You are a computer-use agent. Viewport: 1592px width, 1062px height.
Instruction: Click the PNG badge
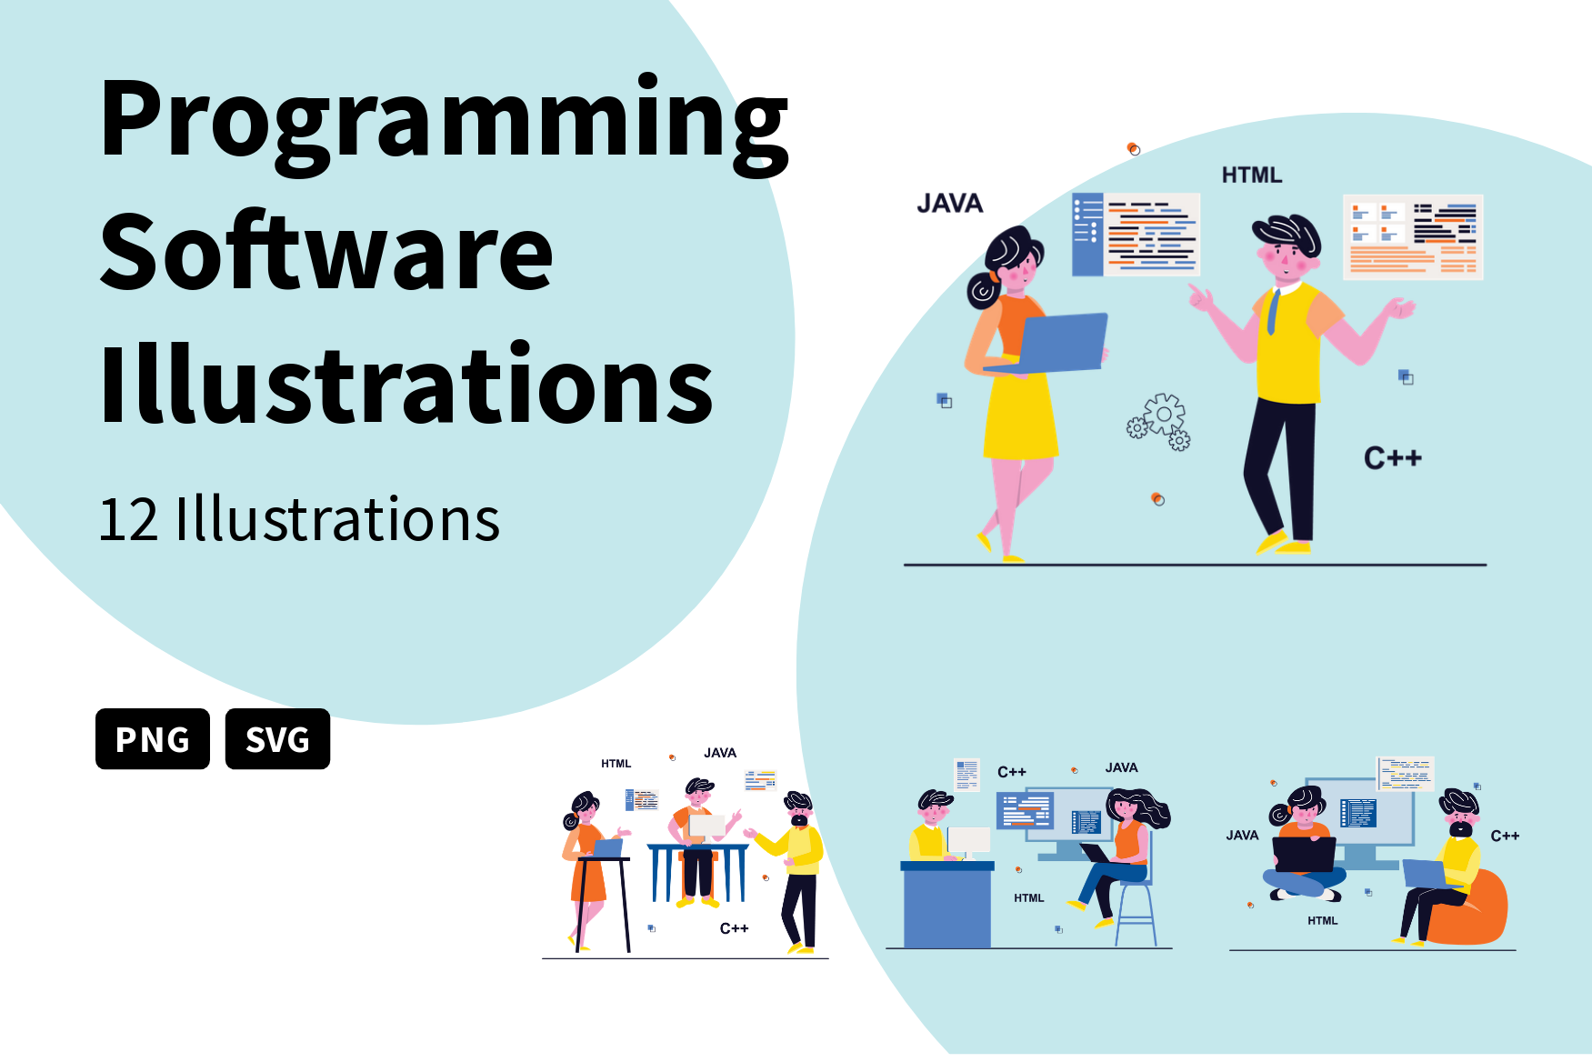(153, 739)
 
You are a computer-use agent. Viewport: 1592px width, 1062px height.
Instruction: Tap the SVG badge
(277, 739)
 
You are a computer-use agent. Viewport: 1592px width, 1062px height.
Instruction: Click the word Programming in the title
(444, 121)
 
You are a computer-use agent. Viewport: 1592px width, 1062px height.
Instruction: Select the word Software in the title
(326, 253)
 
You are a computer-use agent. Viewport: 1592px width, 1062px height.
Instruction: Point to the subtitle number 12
(129, 520)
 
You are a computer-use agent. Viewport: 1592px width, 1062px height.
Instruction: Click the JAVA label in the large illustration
(949, 204)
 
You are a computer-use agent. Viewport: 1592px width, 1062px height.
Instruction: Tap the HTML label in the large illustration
(1251, 175)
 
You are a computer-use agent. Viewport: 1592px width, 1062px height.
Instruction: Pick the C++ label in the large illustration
(1392, 458)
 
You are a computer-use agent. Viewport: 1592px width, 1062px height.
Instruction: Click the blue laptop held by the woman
(1061, 343)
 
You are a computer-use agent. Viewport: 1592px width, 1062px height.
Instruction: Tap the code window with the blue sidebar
(1136, 234)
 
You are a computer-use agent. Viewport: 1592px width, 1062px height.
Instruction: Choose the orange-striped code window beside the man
(1413, 237)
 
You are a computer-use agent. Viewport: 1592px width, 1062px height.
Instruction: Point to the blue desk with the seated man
(946, 906)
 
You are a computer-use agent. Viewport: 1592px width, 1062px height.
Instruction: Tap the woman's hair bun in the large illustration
(983, 290)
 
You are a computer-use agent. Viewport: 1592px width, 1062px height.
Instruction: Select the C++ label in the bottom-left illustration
(734, 928)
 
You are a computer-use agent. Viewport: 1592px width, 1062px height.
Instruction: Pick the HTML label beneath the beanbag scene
(1322, 921)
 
